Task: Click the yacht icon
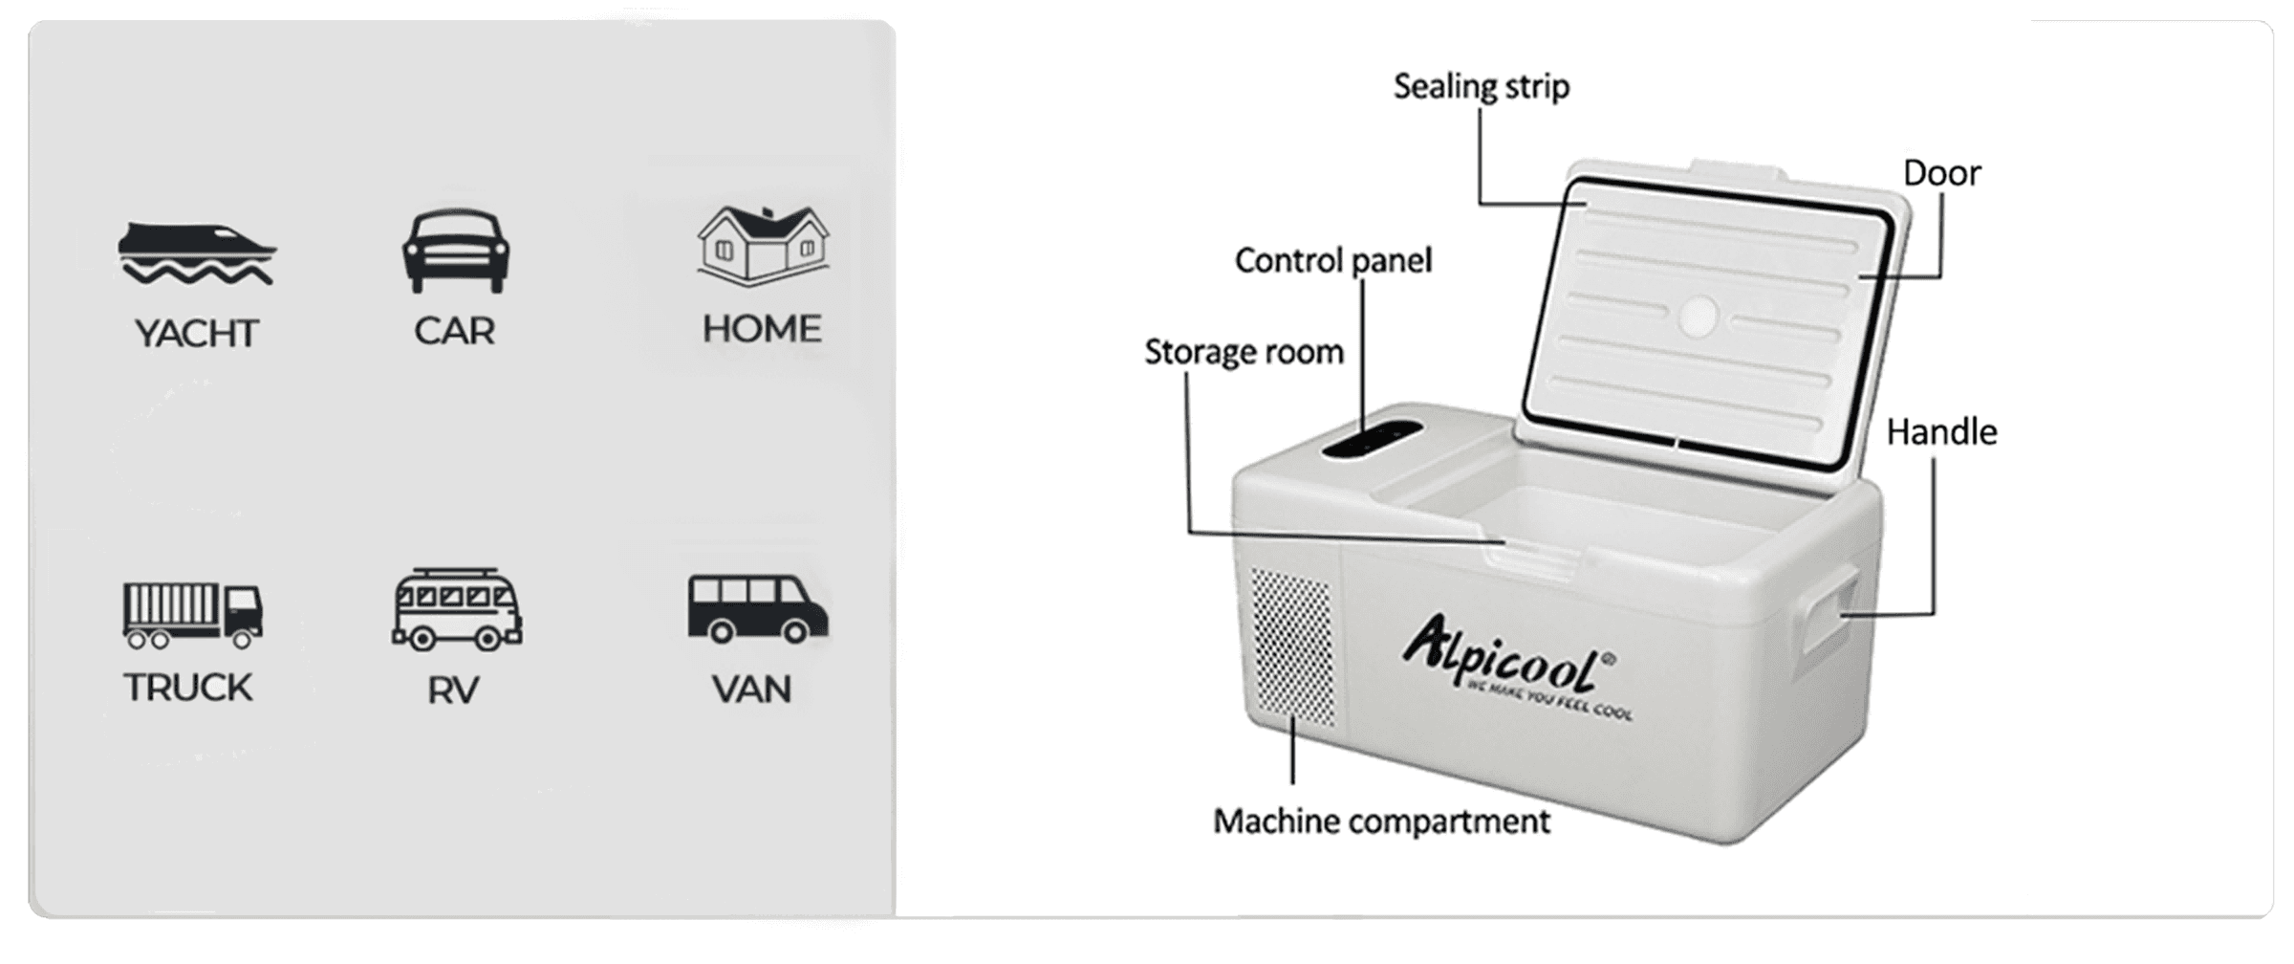click(x=196, y=253)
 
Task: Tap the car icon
click(x=455, y=251)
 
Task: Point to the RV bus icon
click(x=457, y=609)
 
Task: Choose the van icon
click(x=757, y=608)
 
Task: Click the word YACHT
click(x=196, y=334)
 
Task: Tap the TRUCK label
click(x=187, y=688)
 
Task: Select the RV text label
click(x=452, y=690)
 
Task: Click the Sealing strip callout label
click(x=1481, y=87)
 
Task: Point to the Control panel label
click(x=1332, y=260)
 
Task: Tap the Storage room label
click(x=1244, y=352)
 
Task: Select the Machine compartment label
click(x=1381, y=822)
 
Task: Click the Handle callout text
click(x=1941, y=432)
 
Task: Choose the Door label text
click(x=1941, y=173)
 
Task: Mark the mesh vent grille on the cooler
click(x=1292, y=645)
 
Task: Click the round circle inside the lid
click(x=1698, y=317)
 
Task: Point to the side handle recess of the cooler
click(x=1828, y=610)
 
